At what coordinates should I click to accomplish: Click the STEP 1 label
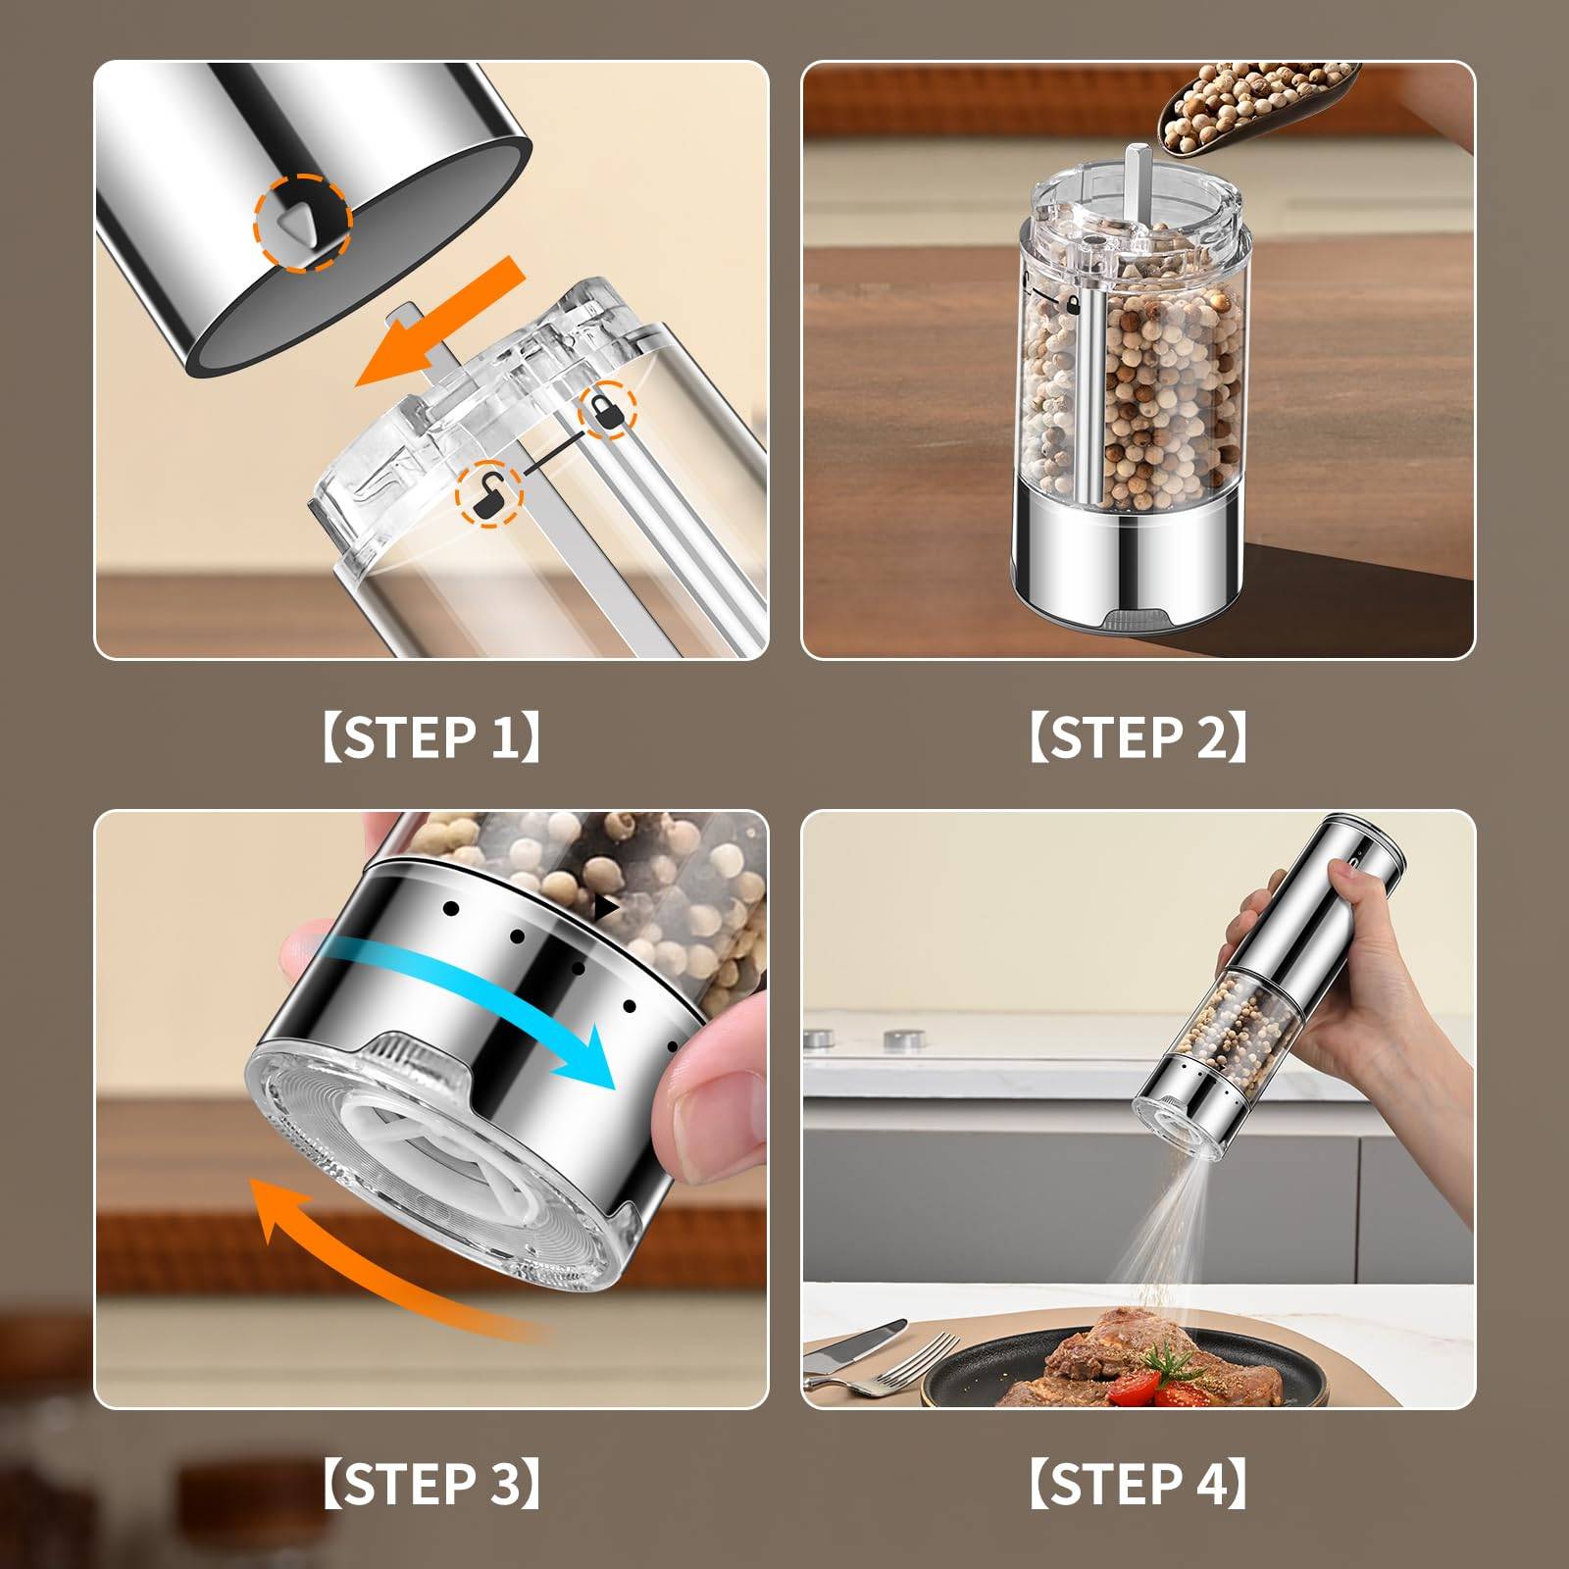[x=431, y=736]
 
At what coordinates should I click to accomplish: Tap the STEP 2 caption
[x=1139, y=736]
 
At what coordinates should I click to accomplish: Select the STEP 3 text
[x=431, y=1484]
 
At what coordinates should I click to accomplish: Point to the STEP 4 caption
[x=1139, y=1484]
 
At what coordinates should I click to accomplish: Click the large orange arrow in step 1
[x=441, y=324]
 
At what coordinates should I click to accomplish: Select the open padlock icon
[x=487, y=492]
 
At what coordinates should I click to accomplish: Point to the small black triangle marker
[x=607, y=908]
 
